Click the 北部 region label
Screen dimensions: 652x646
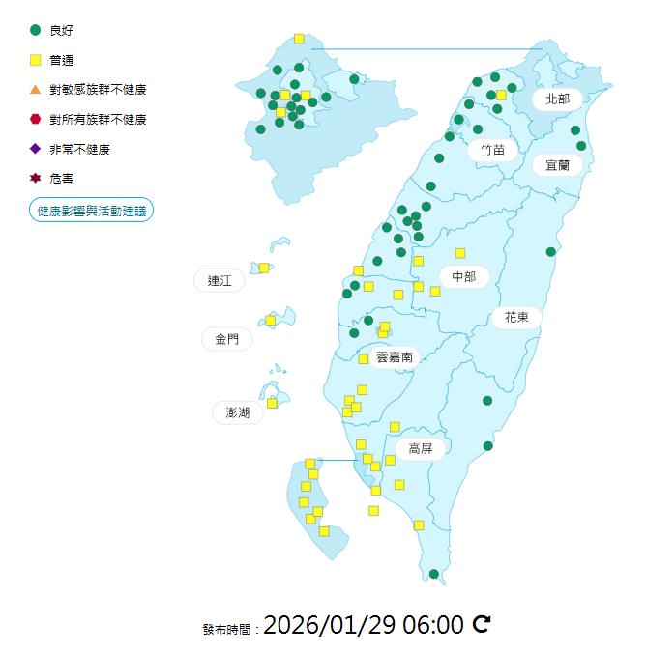click(558, 99)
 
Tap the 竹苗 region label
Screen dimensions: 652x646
click(492, 150)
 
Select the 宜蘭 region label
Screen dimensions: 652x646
click(557, 165)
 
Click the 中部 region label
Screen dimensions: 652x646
click(464, 277)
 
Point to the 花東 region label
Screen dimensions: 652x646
click(517, 317)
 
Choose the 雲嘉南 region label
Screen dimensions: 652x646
click(395, 357)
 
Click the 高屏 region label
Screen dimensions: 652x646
click(420, 448)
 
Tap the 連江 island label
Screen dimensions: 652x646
click(220, 281)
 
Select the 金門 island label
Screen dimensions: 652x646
click(226, 339)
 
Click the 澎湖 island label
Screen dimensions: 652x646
click(238, 412)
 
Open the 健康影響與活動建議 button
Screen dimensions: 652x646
click(92, 210)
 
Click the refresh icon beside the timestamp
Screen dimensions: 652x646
click(482, 624)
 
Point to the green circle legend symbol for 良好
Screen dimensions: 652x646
click(36, 30)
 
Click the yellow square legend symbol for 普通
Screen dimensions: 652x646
click(36, 60)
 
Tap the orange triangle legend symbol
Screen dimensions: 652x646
click(36, 90)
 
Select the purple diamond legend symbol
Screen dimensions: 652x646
click(36, 149)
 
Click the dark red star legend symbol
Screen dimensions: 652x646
click(36, 179)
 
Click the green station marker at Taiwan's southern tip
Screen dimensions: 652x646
click(434, 574)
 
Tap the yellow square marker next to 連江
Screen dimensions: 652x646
click(264, 268)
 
